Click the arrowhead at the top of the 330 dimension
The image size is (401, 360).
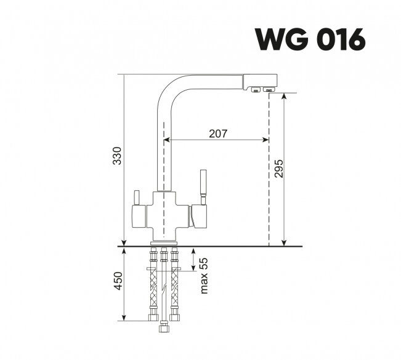point(123,77)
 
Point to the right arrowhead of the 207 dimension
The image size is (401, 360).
point(266,140)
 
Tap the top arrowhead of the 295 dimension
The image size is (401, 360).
point(284,97)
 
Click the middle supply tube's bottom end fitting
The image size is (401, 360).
point(164,327)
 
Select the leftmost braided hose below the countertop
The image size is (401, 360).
point(153,289)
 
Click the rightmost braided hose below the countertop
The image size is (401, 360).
point(175,289)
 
